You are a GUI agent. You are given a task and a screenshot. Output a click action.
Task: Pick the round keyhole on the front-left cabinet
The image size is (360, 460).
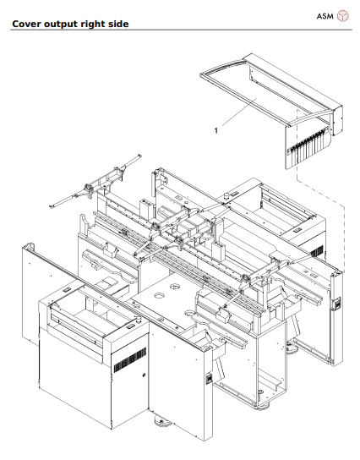click(x=144, y=374)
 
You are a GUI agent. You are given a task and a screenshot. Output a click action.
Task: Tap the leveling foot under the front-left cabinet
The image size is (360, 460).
click(x=157, y=420)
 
